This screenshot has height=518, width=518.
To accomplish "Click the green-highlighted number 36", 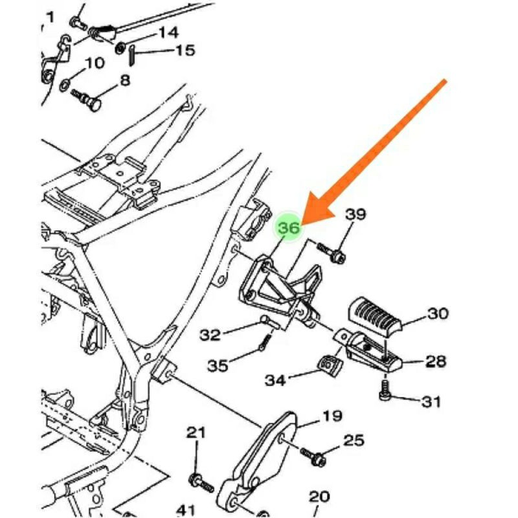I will point(289,228).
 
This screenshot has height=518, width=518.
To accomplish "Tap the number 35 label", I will point(218,366).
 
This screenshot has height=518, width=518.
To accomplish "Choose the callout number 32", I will point(210,335).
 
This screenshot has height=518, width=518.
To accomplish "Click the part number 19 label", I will point(332,416).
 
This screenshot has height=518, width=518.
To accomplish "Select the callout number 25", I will point(354,442).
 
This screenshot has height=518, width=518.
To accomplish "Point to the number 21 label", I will point(196,433).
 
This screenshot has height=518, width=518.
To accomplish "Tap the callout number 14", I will point(168,32).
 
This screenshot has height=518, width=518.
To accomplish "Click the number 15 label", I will point(185,50).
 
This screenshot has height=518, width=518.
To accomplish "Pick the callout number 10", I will point(95,63).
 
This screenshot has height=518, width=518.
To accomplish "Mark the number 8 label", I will point(124,80).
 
